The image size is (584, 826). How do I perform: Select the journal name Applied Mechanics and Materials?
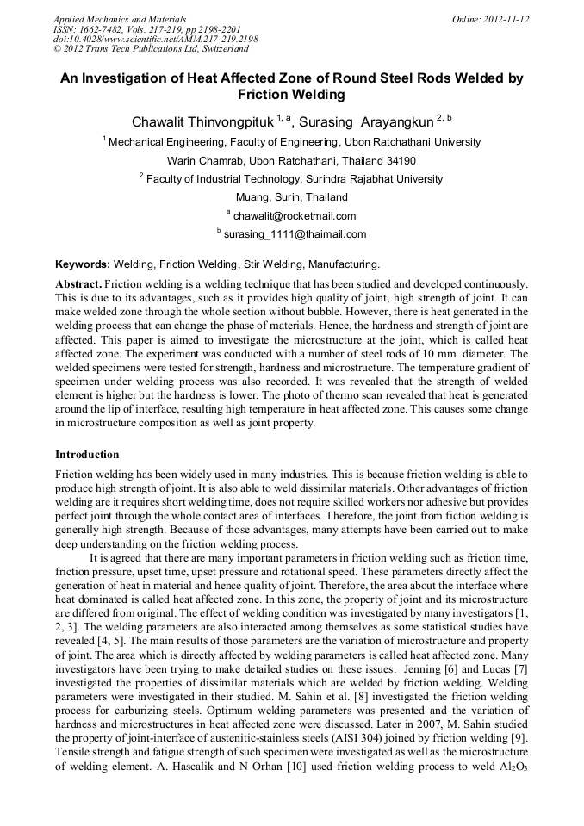(119, 19)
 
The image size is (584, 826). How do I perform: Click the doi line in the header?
(155, 40)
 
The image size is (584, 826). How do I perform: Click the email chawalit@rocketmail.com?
(294, 216)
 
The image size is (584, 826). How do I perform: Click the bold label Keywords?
(83, 264)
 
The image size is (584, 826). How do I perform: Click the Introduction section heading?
(87, 454)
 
